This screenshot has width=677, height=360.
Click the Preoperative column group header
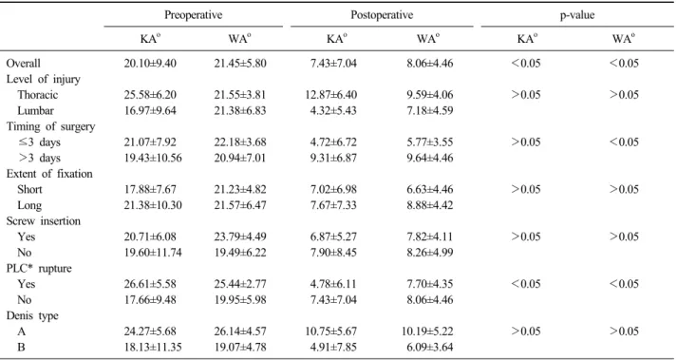193,15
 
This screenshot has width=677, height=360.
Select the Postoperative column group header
382,15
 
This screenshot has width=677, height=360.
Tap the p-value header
576,16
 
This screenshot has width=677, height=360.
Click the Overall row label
24,64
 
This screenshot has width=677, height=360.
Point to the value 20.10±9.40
150,64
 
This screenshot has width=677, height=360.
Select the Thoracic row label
38,95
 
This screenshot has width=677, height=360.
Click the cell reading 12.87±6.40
330,95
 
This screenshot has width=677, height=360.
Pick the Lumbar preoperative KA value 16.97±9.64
150,110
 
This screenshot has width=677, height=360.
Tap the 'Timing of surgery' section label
50,126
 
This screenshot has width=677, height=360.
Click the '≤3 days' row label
39,142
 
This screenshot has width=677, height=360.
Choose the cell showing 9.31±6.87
333,159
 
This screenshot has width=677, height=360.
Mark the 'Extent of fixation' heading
49,174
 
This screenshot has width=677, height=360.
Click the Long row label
29,206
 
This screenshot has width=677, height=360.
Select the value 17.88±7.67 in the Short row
150,190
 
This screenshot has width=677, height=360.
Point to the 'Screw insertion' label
43,221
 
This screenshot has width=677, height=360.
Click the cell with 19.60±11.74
153,253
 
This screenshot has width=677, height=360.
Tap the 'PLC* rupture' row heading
39,269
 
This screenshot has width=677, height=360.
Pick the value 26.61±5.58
150,284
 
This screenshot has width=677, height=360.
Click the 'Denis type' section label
32,316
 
